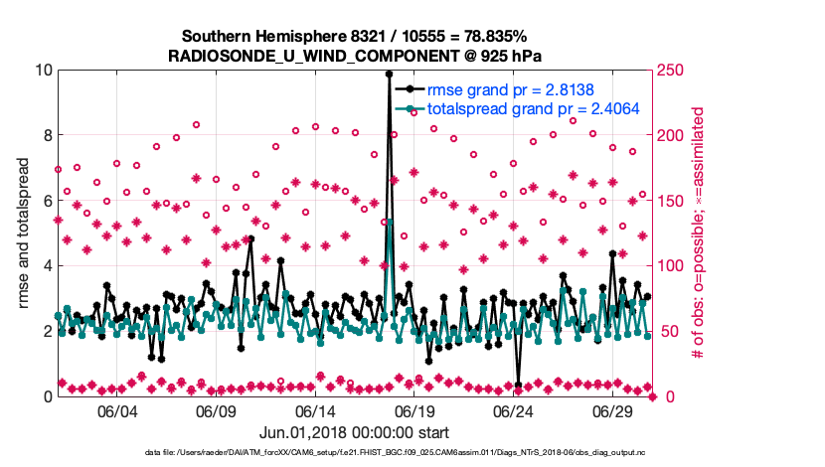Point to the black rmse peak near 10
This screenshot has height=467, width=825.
click(x=389, y=74)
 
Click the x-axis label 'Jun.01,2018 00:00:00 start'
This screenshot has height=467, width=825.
click(x=354, y=433)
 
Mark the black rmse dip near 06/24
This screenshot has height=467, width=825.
click(x=519, y=385)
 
